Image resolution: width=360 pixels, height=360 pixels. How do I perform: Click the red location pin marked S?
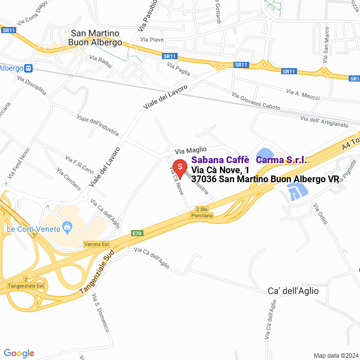pos(179,168)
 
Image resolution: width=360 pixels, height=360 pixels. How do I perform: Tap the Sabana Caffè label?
pos(220,160)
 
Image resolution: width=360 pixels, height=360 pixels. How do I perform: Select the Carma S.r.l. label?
pos(281,160)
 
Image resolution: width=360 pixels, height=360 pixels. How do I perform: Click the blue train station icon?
pos(29,68)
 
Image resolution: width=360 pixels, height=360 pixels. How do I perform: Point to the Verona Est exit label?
pos(96,244)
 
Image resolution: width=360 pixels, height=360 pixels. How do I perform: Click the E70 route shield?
pos(138,233)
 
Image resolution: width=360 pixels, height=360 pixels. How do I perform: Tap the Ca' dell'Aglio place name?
pos(292,291)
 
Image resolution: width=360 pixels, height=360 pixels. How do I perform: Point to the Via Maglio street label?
pos(191,150)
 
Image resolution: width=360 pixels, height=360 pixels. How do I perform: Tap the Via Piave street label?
pos(152,39)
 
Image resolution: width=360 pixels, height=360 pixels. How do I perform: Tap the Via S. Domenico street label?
pos(102,312)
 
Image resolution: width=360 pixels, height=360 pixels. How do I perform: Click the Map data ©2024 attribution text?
pos(335,355)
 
